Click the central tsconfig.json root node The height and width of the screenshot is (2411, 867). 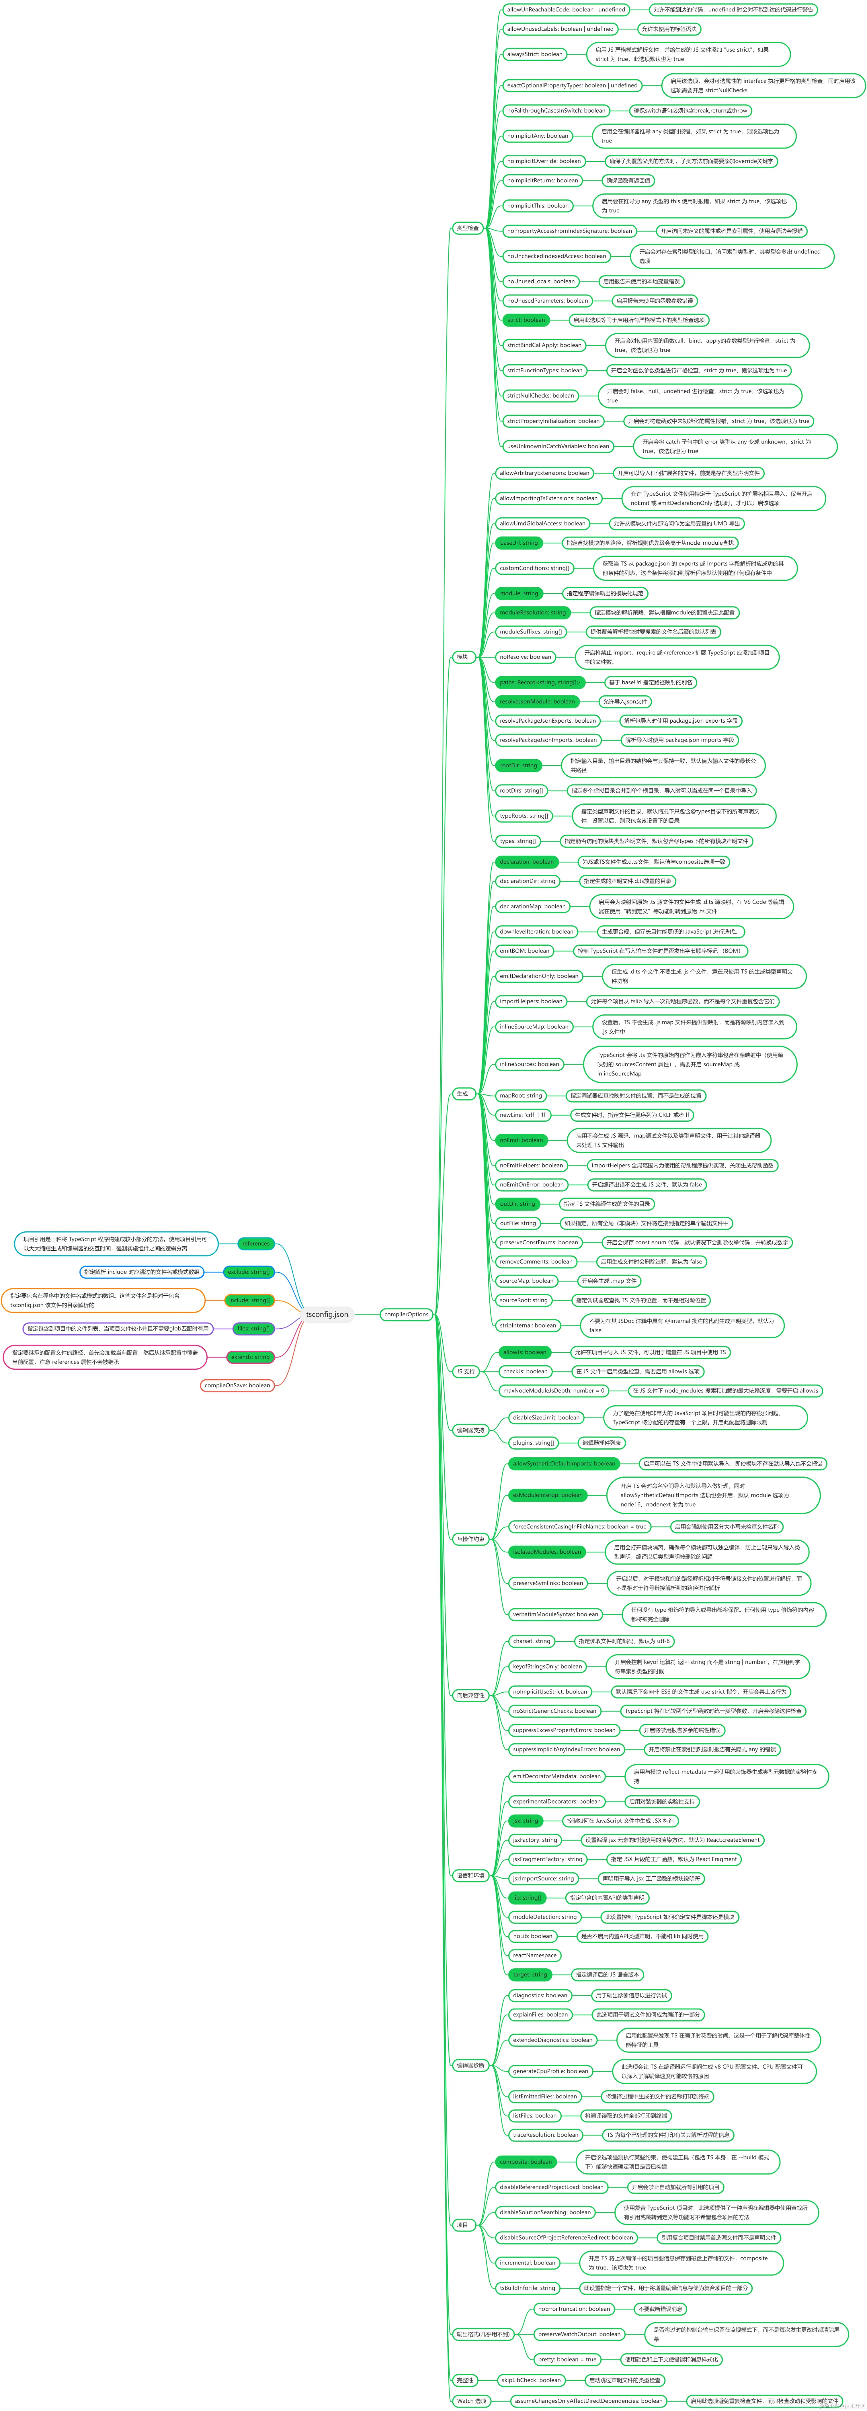[327, 1314]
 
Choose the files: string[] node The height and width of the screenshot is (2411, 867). [253, 1328]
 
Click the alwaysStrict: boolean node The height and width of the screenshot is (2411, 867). [535, 54]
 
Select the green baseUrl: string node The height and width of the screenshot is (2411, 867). [519, 543]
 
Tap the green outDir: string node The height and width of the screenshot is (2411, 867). [517, 1204]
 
